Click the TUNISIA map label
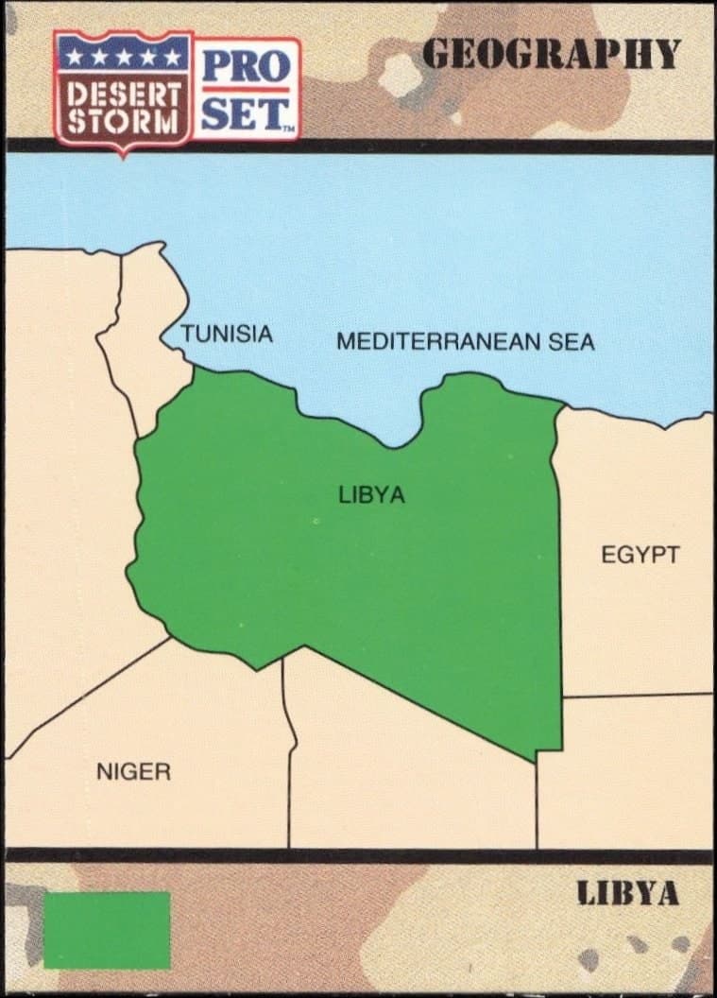(227, 334)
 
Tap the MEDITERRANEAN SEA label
(466, 341)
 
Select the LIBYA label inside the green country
(371, 494)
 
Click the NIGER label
(133, 772)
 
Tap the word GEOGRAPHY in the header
(551, 55)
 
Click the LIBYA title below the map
(628, 894)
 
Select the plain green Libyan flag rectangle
(107, 930)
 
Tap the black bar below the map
(359, 856)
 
